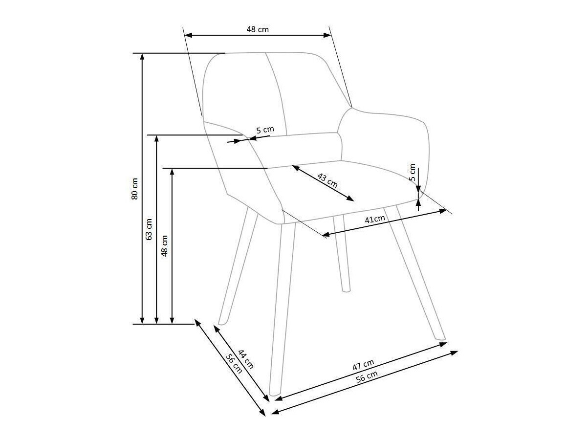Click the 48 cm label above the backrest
(257, 29)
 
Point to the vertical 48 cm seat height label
(165, 245)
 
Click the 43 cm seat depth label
(327, 180)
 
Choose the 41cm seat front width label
(375, 219)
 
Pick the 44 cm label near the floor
(246, 359)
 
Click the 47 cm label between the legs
(363, 365)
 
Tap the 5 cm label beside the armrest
(265, 130)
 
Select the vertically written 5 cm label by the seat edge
(413, 172)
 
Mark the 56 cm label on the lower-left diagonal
(234, 363)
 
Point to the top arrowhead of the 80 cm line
(142, 55)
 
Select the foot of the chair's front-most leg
(274, 394)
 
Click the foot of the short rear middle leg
(346, 289)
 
